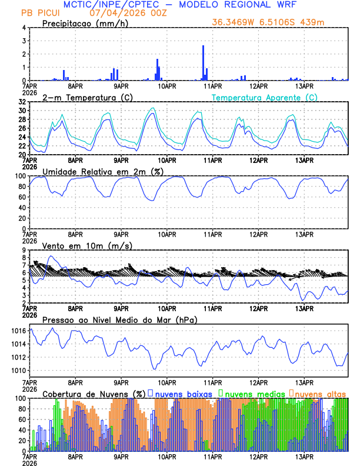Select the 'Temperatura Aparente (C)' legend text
(264, 97)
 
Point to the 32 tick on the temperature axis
(22, 102)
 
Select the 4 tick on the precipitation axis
(24, 28)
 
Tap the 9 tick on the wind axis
(24, 250)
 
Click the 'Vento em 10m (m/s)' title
(87, 245)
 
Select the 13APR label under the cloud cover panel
(304, 457)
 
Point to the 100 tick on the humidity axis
(19, 176)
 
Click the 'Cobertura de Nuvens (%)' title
(94, 393)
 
